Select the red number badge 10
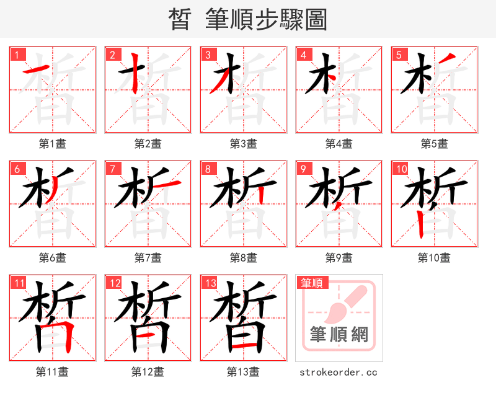401,169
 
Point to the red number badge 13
210,283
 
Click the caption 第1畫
53,144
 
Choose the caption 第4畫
339,144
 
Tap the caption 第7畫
148,257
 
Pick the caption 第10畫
434,257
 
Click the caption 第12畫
148,372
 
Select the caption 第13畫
244,372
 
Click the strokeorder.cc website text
339,373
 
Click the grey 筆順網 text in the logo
339,335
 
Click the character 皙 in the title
179,20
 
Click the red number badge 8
208,169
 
